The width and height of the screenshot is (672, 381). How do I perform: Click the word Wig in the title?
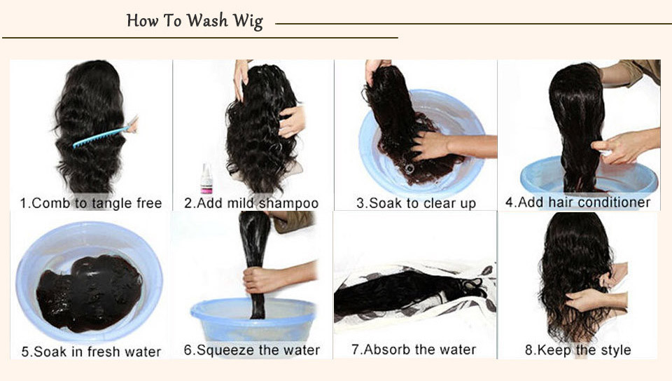(x=247, y=22)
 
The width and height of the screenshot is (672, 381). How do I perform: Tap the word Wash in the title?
(x=207, y=20)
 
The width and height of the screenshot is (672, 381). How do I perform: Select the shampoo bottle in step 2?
(x=206, y=179)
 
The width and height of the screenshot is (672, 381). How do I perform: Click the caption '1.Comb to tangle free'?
(x=91, y=203)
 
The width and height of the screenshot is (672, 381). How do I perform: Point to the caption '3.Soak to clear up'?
(x=416, y=203)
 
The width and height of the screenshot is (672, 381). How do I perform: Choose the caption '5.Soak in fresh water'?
(x=91, y=352)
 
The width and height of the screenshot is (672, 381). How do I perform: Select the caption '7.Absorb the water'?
(x=414, y=349)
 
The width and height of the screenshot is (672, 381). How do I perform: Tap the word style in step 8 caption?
(x=615, y=350)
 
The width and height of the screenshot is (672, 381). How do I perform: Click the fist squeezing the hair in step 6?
(x=259, y=280)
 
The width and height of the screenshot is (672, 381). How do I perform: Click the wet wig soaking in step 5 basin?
(x=89, y=293)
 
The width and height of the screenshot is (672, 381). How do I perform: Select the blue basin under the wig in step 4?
(x=589, y=176)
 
